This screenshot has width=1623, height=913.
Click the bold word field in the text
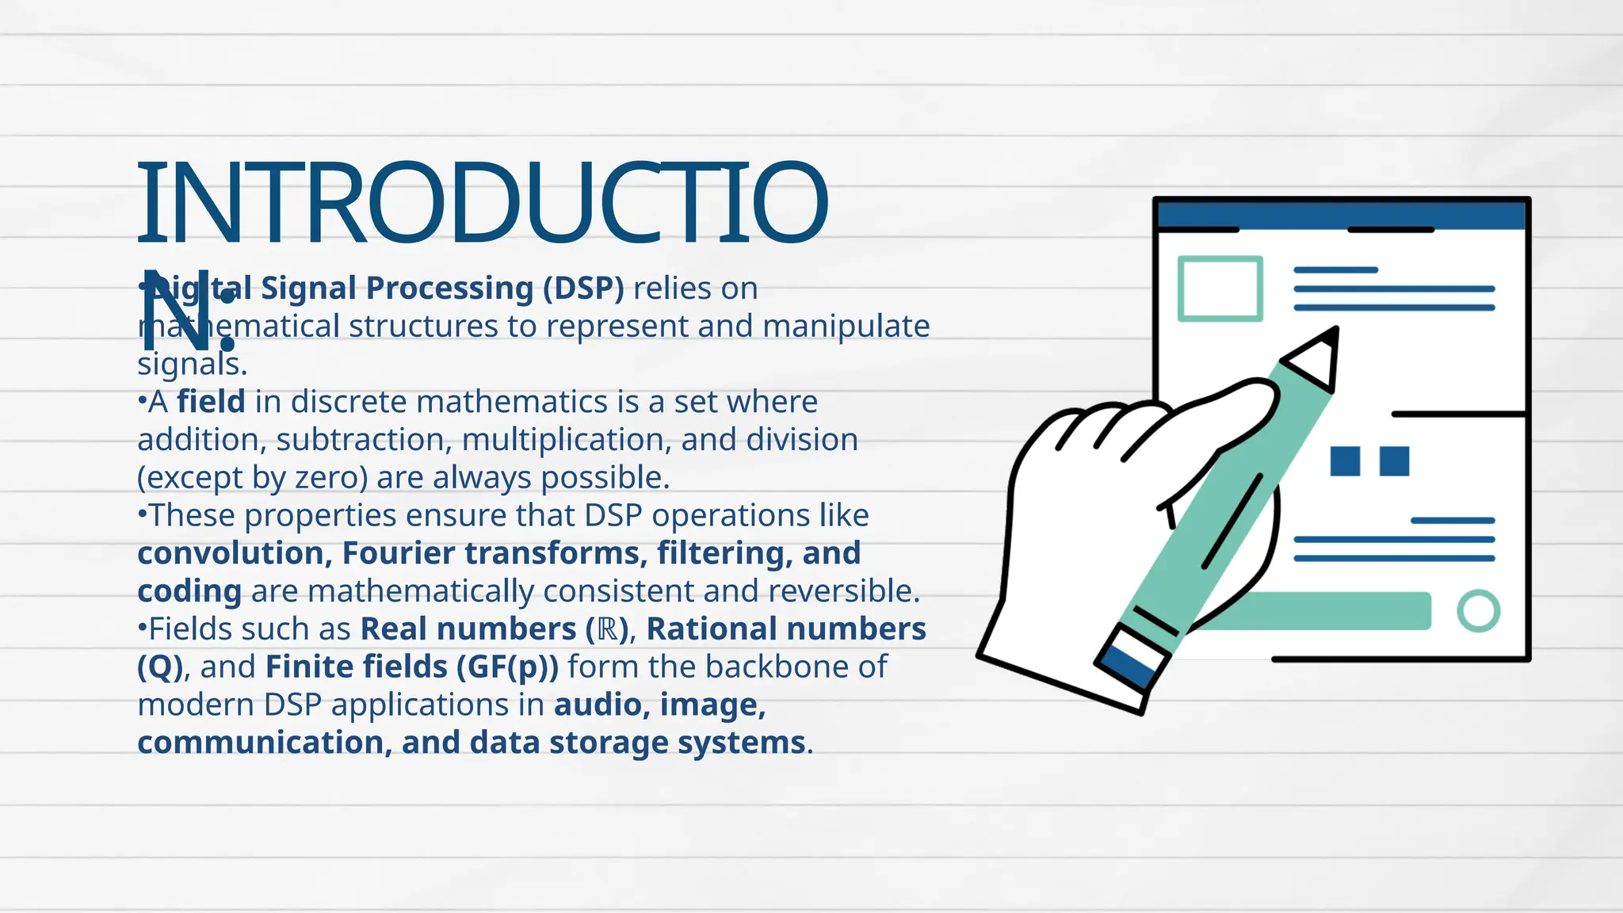[x=211, y=402]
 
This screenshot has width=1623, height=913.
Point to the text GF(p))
[x=507, y=667]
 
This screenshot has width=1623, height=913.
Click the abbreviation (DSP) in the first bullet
[x=583, y=288]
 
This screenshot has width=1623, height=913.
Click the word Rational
[x=710, y=629]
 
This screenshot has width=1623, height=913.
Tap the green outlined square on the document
[x=1220, y=288]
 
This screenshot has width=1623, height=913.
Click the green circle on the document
[x=1478, y=611]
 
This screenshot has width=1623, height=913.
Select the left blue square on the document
[x=1345, y=461]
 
